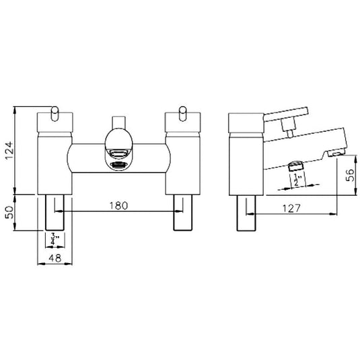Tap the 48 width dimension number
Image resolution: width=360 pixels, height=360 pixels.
point(53,258)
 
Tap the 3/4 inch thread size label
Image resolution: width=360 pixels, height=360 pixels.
point(54,237)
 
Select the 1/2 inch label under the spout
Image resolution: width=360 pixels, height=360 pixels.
point(296,179)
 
